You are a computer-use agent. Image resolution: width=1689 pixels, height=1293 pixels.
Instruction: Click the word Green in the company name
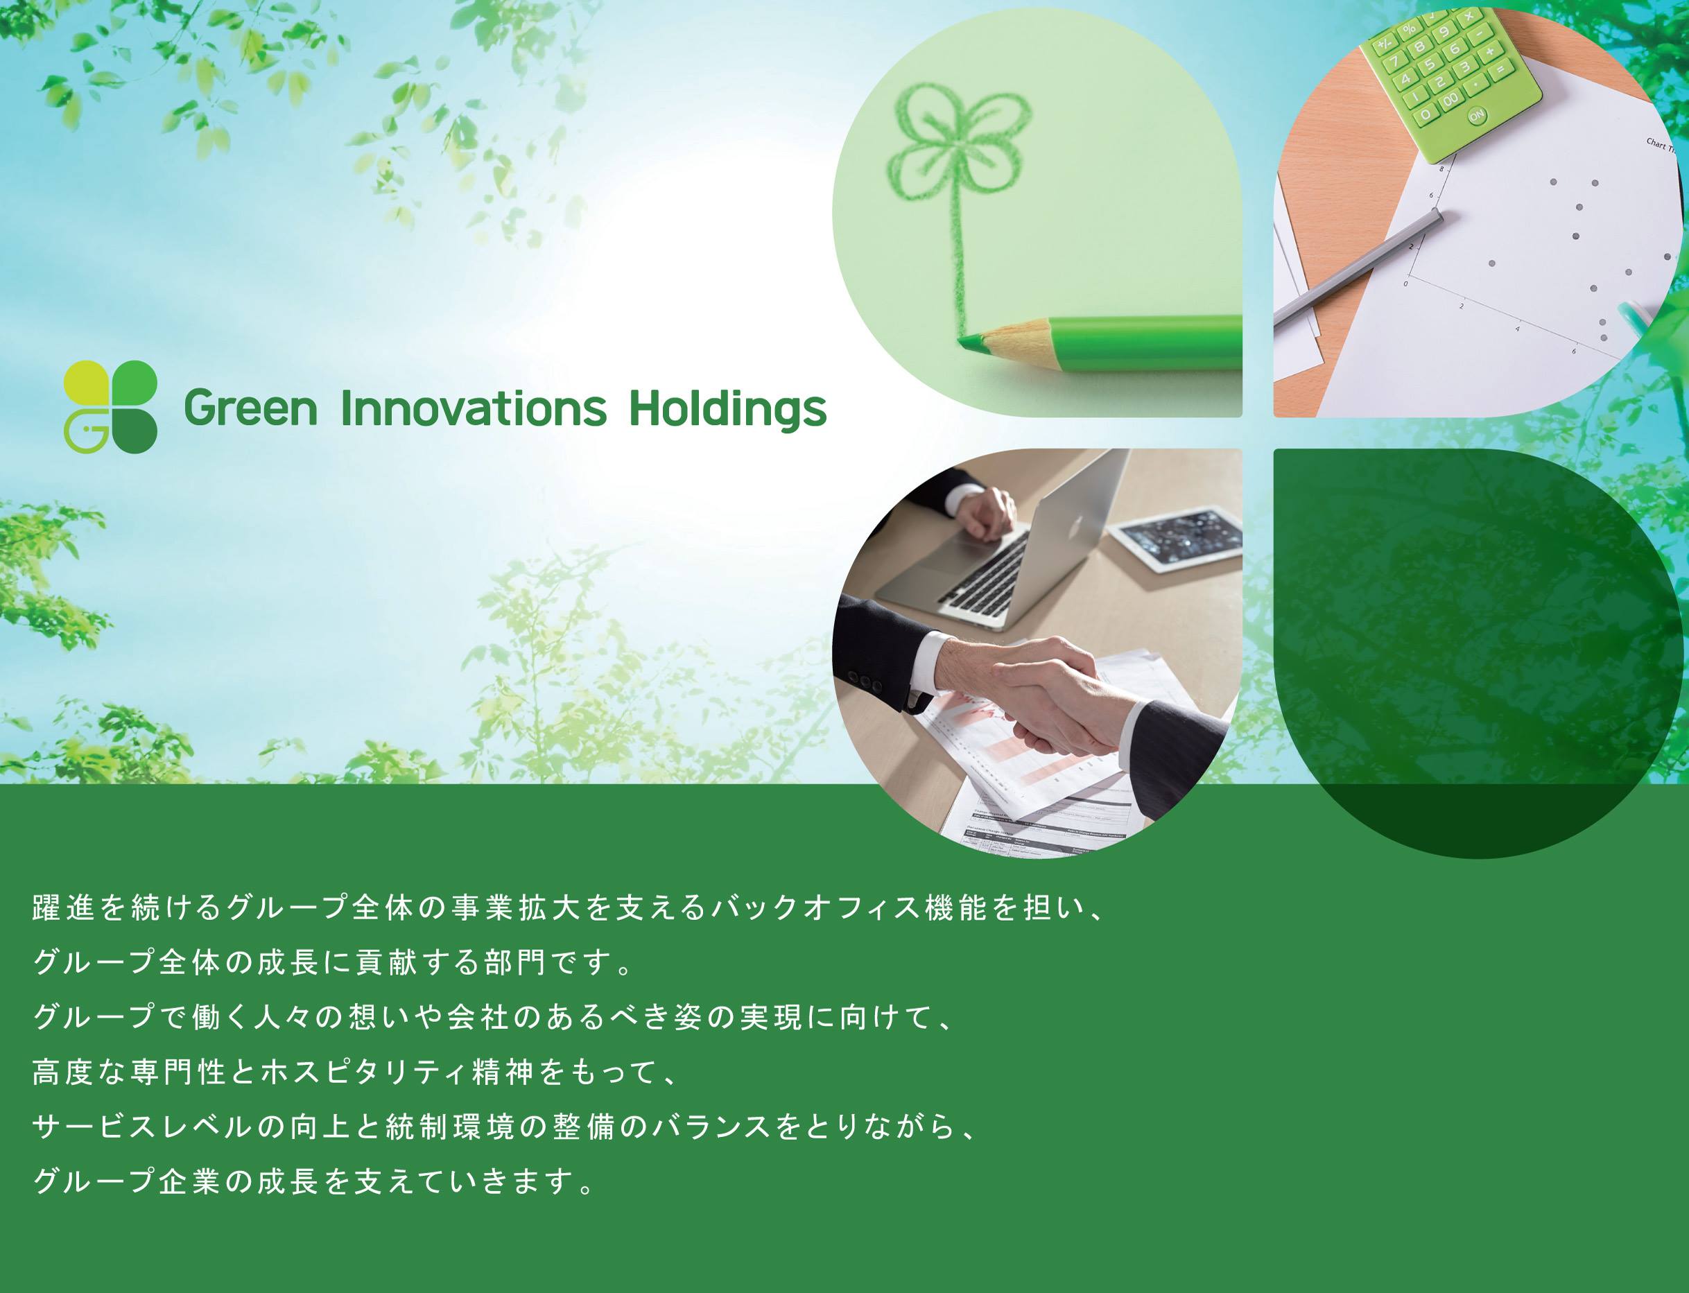(x=250, y=408)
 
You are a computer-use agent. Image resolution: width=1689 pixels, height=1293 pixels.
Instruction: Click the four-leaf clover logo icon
(x=110, y=406)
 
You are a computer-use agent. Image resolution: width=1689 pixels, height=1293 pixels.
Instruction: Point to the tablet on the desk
(x=1179, y=537)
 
